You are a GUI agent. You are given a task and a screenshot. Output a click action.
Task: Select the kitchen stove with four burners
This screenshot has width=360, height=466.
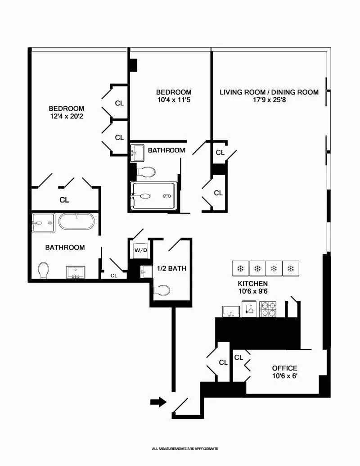click(x=268, y=309)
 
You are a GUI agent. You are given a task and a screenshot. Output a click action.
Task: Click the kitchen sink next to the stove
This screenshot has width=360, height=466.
click(x=231, y=311)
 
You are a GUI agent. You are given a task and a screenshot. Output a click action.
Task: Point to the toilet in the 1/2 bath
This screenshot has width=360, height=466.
click(x=162, y=290)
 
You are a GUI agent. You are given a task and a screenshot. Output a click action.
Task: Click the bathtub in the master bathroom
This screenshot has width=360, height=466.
click(x=77, y=222)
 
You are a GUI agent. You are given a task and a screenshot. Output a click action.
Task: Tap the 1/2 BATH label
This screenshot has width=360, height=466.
click(x=171, y=269)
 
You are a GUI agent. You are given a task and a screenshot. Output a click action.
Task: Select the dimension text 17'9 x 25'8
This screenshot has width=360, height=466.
click(x=269, y=100)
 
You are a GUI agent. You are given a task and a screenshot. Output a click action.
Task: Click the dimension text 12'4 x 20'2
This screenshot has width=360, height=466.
click(x=66, y=116)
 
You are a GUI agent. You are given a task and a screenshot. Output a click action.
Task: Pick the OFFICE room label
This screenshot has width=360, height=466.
click(x=284, y=368)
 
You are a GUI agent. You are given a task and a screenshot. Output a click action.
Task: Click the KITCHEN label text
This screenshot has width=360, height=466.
click(x=252, y=284)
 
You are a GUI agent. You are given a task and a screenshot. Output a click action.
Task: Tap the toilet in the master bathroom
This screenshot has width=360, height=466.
click(x=44, y=271)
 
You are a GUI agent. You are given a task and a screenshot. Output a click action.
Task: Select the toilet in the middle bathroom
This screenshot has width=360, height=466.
click(x=146, y=172)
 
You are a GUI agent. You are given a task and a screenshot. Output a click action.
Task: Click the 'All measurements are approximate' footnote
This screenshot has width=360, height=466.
click(x=185, y=448)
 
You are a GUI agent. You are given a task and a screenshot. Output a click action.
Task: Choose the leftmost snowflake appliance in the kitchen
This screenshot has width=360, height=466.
click(x=240, y=269)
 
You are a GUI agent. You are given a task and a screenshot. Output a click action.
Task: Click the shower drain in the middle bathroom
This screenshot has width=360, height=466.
click(x=167, y=196)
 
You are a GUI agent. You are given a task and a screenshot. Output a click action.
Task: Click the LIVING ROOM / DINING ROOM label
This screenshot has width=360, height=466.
click(x=269, y=92)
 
